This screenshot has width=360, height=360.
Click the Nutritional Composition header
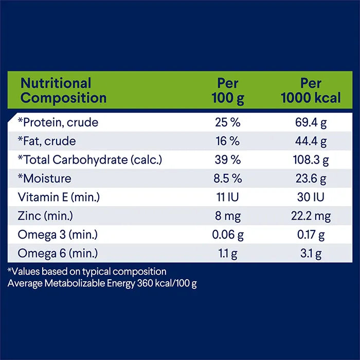[63, 91]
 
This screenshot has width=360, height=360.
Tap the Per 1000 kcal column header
[311, 91]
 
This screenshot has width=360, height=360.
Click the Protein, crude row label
[58, 122]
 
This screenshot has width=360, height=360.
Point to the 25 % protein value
[228, 122]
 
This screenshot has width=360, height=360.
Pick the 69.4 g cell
[311, 122]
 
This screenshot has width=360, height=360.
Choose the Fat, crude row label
[47, 141]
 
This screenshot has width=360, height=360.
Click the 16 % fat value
[228, 141]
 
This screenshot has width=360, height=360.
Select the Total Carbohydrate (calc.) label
[90, 160]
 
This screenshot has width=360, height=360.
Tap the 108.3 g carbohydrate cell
[311, 160]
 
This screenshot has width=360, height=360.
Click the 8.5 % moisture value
[228, 179]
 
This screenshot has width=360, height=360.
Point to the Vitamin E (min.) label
[58, 197]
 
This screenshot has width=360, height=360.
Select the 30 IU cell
[311, 197]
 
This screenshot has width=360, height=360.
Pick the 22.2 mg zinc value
[311, 216]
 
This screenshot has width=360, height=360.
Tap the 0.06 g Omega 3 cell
[228, 235]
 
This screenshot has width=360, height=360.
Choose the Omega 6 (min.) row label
[58, 254]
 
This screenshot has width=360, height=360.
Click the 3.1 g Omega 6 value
[311, 254]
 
